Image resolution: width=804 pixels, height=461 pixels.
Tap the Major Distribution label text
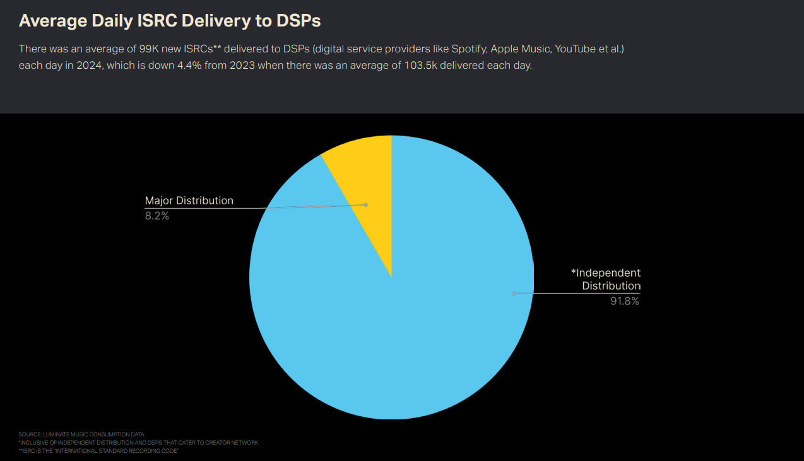(x=189, y=201)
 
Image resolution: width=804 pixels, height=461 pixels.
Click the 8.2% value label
(x=157, y=216)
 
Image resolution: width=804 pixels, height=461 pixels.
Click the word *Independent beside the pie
(x=606, y=273)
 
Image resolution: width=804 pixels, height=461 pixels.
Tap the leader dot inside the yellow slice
(x=365, y=204)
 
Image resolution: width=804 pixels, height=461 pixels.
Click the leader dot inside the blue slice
(x=514, y=293)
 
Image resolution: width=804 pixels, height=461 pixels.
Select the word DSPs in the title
(x=299, y=20)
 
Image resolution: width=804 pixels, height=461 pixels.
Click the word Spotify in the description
(x=468, y=49)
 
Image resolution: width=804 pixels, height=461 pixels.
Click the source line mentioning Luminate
(x=81, y=435)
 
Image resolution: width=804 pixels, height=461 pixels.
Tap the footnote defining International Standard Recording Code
(x=99, y=451)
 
